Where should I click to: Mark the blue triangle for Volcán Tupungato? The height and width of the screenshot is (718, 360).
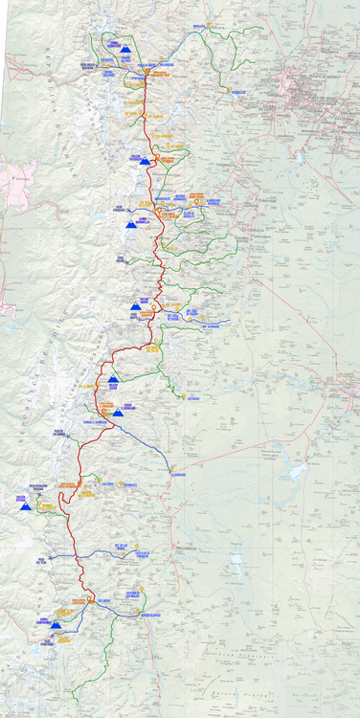pos(145,162)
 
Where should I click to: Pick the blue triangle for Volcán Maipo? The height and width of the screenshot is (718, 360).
pos(135,306)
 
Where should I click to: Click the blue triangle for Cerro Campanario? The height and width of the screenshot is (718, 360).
pos(56,625)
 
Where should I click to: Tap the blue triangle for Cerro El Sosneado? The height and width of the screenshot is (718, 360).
pos(118,414)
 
